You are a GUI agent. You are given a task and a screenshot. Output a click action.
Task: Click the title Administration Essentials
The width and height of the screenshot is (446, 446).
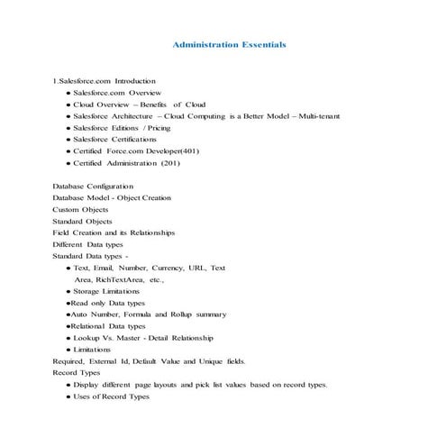(229, 43)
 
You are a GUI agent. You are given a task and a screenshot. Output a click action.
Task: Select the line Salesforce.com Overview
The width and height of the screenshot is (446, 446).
(116, 93)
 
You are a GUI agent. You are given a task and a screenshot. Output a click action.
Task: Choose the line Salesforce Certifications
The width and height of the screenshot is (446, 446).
(119, 140)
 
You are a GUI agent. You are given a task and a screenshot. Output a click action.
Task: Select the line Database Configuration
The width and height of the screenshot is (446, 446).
(93, 186)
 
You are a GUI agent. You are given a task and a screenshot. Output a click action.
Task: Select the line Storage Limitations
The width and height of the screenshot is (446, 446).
(106, 292)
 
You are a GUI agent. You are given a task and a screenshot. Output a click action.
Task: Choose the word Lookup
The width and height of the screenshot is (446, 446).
(88, 338)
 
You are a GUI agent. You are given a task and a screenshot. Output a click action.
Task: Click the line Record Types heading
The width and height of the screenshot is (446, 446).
(77, 372)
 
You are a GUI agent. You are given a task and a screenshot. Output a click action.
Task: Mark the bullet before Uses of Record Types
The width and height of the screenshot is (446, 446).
(68, 396)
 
